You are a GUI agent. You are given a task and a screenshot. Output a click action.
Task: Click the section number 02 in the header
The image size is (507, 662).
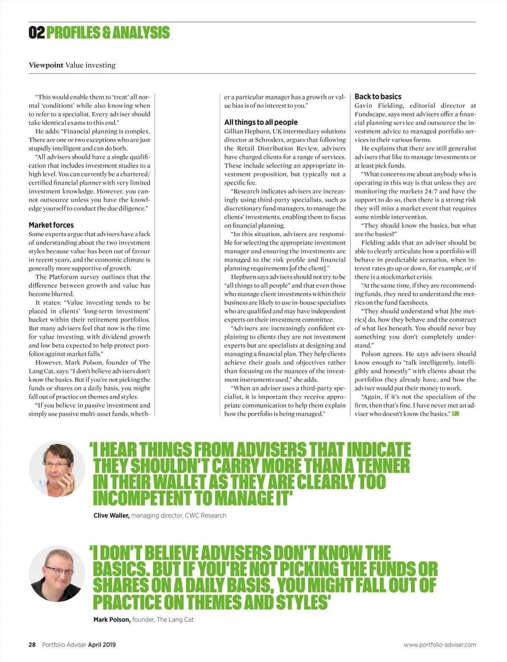[36, 33]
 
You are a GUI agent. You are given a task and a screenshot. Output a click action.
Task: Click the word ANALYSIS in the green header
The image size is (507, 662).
[141, 33]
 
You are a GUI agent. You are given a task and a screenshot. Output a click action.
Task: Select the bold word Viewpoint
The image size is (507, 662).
[46, 65]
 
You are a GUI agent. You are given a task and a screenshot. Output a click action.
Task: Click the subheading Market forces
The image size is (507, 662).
[51, 225]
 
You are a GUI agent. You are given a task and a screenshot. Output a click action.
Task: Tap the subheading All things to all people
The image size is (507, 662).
[261, 122]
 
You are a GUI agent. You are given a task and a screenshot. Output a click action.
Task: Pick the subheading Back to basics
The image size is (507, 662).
[378, 97]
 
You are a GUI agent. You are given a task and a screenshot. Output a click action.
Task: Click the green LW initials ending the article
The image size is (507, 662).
[455, 414]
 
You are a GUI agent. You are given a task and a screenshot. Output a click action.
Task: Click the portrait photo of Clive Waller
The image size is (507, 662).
[57, 469]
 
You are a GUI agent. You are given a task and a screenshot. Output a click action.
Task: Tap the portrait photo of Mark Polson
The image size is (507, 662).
[57, 573]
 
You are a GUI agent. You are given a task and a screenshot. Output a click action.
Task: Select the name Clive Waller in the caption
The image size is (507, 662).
[111, 515]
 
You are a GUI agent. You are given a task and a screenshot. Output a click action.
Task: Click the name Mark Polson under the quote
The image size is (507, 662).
[112, 620]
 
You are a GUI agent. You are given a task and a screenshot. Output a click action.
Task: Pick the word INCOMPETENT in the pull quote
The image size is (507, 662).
[142, 498]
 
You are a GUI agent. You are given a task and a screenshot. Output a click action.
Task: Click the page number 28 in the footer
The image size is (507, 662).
[32, 645]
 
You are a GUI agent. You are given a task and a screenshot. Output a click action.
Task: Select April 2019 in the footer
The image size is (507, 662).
[102, 645]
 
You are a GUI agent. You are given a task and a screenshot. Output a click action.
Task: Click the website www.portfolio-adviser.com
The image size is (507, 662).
[440, 645]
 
